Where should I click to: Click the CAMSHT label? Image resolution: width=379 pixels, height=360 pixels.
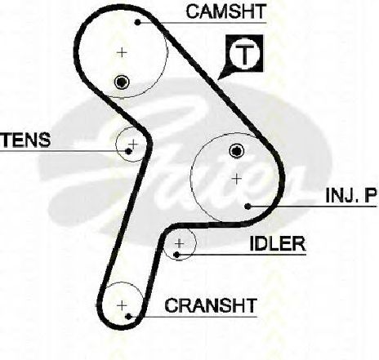(225, 11)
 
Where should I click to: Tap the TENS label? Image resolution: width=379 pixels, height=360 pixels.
(26, 140)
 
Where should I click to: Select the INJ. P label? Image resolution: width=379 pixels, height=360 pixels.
(351, 195)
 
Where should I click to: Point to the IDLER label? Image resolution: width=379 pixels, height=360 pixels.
(278, 243)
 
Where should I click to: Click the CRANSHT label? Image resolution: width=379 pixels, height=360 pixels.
(211, 305)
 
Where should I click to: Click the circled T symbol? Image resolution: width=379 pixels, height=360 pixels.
(245, 53)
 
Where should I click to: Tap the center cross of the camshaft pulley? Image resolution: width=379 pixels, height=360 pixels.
(122, 52)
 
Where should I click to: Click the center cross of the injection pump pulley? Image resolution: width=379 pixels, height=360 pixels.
(237, 179)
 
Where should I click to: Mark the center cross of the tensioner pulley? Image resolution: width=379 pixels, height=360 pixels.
(133, 144)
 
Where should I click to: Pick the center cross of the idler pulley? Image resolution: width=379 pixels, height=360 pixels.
(179, 243)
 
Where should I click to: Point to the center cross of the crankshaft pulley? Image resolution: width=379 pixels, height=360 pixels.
(122, 305)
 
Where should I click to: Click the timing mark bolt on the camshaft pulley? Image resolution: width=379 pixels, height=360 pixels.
(122, 82)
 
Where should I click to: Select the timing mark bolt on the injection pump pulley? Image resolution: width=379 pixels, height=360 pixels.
(237, 151)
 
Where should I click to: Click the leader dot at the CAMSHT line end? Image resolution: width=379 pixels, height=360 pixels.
(138, 22)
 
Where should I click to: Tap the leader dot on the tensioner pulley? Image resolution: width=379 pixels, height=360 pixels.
(128, 151)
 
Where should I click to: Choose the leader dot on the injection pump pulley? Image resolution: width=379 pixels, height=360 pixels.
(247, 207)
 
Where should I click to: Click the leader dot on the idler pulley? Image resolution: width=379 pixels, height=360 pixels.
(176, 255)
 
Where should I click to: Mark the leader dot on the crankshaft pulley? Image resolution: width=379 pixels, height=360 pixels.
(128, 317)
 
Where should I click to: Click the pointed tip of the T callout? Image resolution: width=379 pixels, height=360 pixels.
(218, 79)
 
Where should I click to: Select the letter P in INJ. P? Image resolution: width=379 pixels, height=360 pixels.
(371, 195)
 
